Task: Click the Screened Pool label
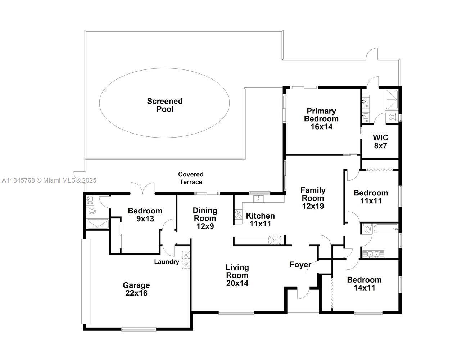click(x=165, y=105)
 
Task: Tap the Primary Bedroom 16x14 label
click(x=321, y=119)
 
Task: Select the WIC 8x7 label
click(x=380, y=141)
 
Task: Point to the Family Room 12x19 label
click(x=313, y=198)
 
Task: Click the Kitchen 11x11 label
click(x=260, y=220)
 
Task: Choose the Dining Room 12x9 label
click(x=205, y=218)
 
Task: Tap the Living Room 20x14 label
click(x=237, y=275)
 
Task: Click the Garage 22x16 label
click(x=136, y=289)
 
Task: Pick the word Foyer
click(x=300, y=265)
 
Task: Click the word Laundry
click(x=167, y=262)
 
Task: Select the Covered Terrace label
click(x=191, y=178)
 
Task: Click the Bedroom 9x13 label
click(x=145, y=215)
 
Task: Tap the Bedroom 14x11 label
click(x=364, y=284)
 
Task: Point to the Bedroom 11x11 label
click(x=371, y=197)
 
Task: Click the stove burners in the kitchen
click(x=238, y=214)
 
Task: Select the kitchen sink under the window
click(x=259, y=198)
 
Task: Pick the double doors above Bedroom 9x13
click(x=142, y=188)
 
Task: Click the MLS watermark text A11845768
click(x=18, y=180)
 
